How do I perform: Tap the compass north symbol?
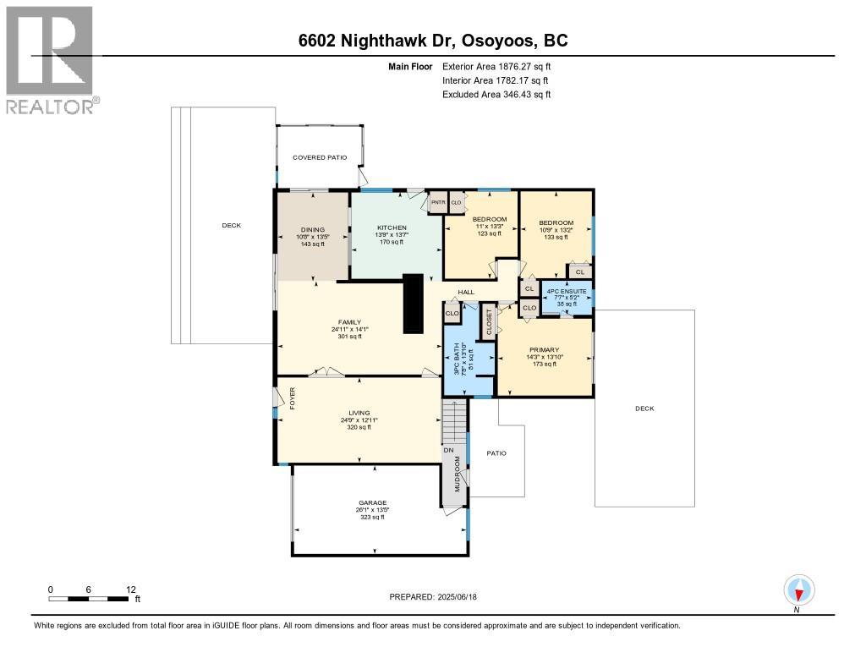pyautogui.click(x=798, y=589)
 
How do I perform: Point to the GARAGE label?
pyautogui.click(x=372, y=502)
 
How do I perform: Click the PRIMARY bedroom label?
pyautogui.click(x=544, y=349)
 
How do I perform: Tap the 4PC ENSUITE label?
pyautogui.click(x=566, y=292)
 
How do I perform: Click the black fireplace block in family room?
pyautogui.click(x=413, y=304)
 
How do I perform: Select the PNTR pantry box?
pyautogui.click(x=438, y=203)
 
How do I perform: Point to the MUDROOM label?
pyautogui.click(x=458, y=474)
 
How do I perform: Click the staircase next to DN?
pyautogui.click(x=454, y=420)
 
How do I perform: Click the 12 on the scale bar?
pyautogui.click(x=130, y=589)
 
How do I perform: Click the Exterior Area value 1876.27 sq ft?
pyautogui.click(x=520, y=66)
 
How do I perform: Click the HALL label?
pyautogui.click(x=466, y=293)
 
